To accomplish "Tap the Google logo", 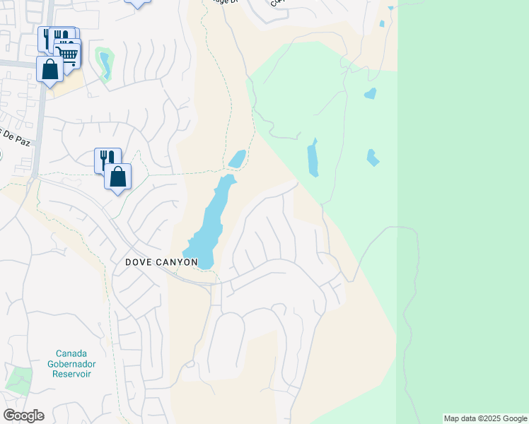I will [x=23, y=416].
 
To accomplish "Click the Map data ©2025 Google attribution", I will [x=485, y=418].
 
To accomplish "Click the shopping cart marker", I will [x=67, y=52].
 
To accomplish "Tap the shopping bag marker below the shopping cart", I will [x=50, y=69].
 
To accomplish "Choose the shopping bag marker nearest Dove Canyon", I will [x=118, y=177].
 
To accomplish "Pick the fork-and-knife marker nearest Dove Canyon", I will [x=107, y=158].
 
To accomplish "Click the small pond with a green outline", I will [x=105, y=64].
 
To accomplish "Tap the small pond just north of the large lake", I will [x=238, y=159].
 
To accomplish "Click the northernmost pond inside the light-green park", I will [x=370, y=93].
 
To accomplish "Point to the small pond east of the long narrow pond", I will [x=372, y=157].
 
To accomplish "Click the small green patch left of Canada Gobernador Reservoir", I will [x=19, y=379].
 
